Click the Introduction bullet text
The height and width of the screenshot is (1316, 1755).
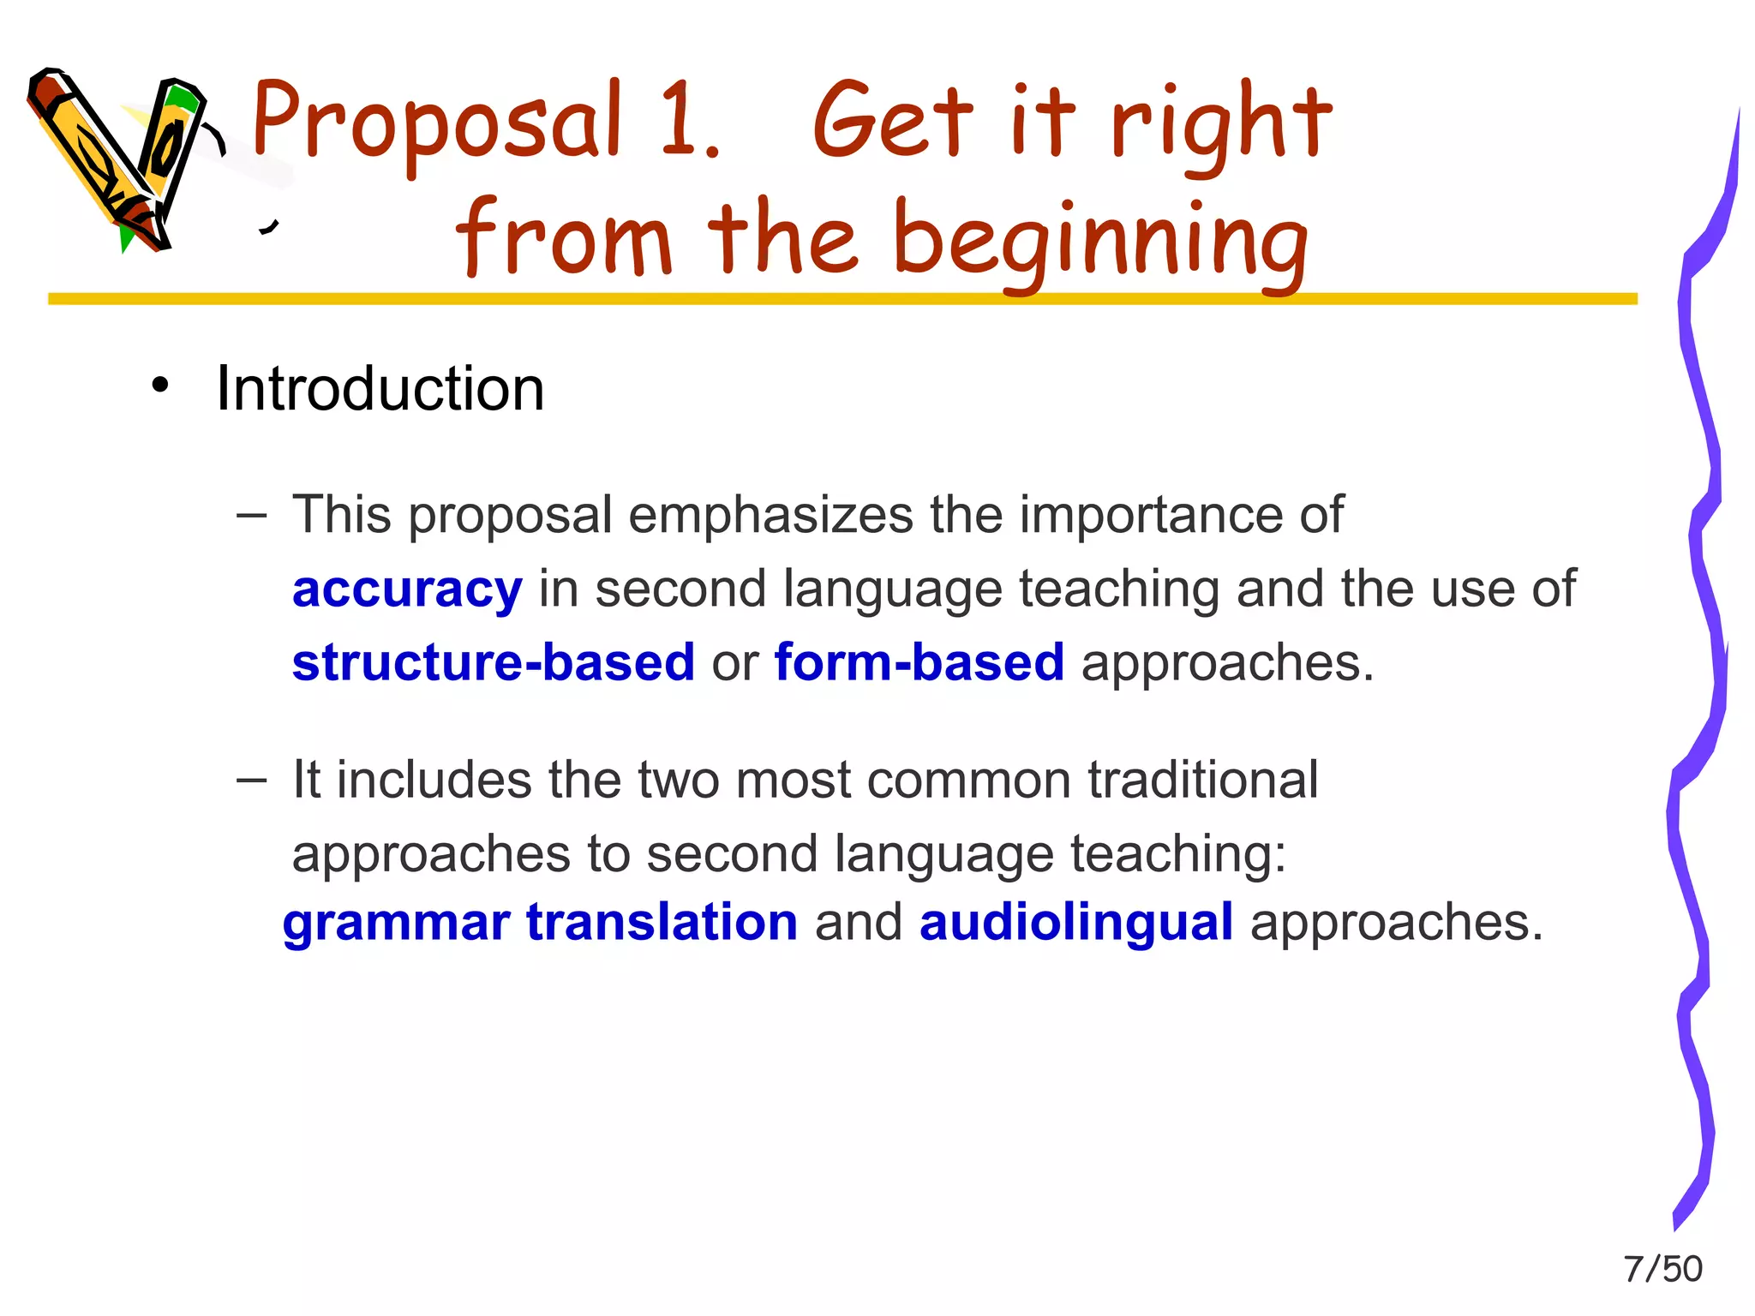(380, 389)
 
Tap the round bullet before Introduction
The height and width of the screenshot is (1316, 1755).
(160, 386)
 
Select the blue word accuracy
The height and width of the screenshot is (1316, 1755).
(407, 589)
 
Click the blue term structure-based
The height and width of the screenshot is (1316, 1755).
(493, 662)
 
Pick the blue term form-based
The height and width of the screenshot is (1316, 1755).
(919, 662)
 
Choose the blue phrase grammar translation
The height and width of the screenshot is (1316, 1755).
(540, 923)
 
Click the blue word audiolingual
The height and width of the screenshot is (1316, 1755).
(1075, 923)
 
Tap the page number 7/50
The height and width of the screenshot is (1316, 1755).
(1662, 1269)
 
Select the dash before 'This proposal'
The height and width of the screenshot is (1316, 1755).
(251, 516)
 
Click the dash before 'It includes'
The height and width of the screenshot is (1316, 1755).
(251, 780)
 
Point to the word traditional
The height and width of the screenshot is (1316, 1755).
(1202, 780)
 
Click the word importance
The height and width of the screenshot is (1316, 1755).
(1148, 516)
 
